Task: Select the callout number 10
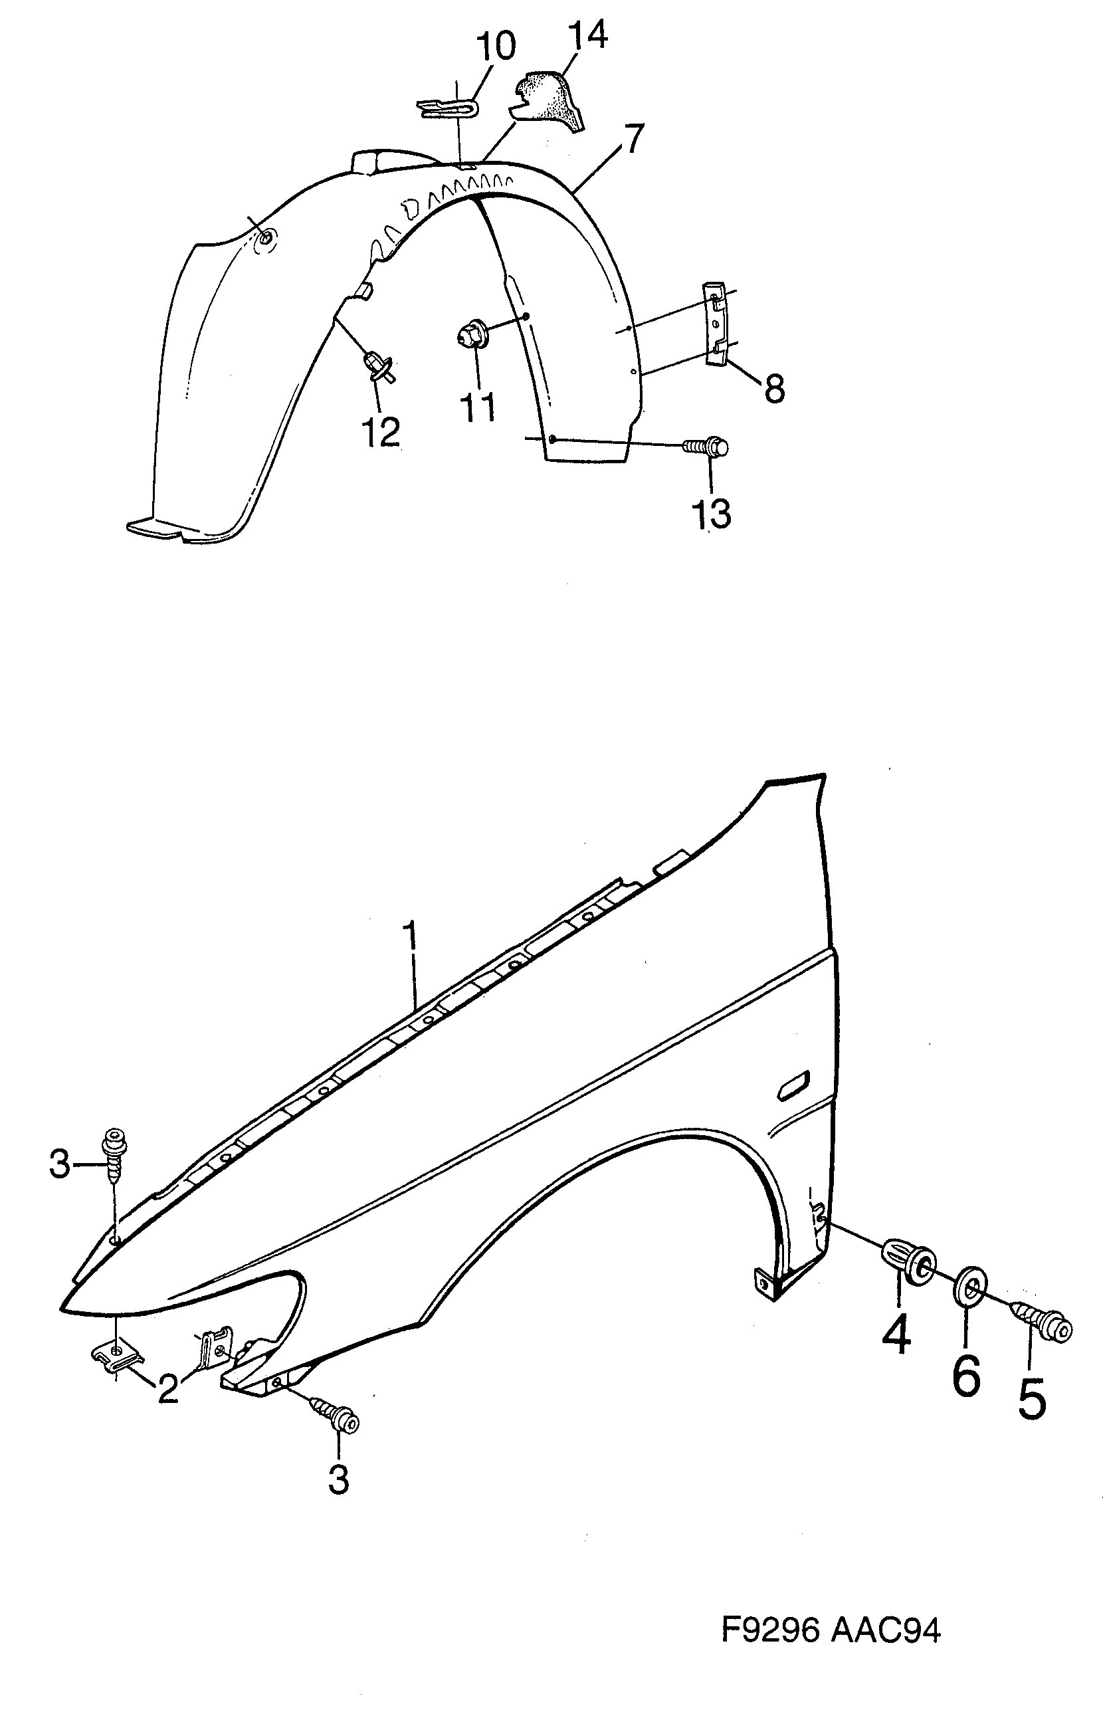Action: pyautogui.click(x=496, y=47)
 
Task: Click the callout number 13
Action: pyautogui.click(x=711, y=514)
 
